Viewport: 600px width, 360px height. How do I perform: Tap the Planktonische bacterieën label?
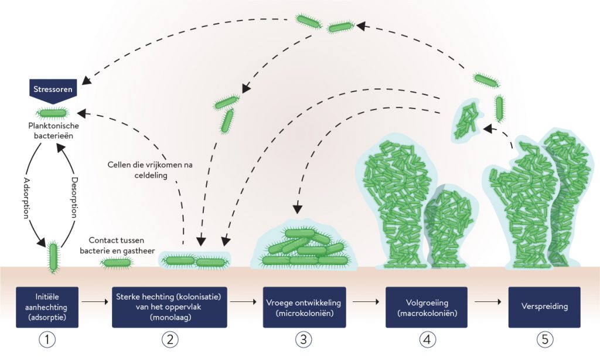pyautogui.click(x=53, y=130)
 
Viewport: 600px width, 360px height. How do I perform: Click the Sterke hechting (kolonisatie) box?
pyautogui.click(x=169, y=307)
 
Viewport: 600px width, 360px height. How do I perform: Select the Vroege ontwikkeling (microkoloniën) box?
pyautogui.click(x=303, y=307)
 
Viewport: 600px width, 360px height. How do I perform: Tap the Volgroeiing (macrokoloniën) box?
pyautogui.click(x=426, y=307)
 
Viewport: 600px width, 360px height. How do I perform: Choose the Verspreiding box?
pyautogui.click(x=544, y=307)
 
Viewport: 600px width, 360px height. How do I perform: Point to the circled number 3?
pyautogui.click(x=303, y=338)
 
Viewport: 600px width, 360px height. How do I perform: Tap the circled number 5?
pyautogui.click(x=544, y=338)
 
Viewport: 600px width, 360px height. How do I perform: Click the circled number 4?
pyautogui.click(x=426, y=338)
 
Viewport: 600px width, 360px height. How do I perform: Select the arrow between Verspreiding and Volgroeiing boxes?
pyautogui.click(x=487, y=303)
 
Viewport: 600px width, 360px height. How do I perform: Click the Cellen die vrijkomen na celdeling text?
pyautogui.click(x=150, y=169)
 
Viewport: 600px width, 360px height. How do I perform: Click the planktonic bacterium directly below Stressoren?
pyautogui.click(x=53, y=113)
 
